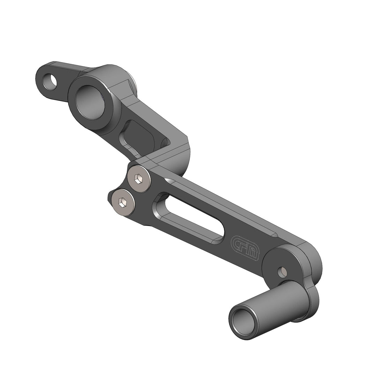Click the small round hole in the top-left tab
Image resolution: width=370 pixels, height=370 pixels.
[x=50, y=81]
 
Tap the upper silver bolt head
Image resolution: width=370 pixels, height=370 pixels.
[x=139, y=179]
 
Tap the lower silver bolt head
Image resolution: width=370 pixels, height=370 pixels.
[x=123, y=201]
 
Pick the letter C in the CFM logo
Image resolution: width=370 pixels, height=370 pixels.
[x=237, y=243]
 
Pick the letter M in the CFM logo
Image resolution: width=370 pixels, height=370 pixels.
[x=254, y=252]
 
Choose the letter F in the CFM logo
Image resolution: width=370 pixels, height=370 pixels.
[x=245, y=247]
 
